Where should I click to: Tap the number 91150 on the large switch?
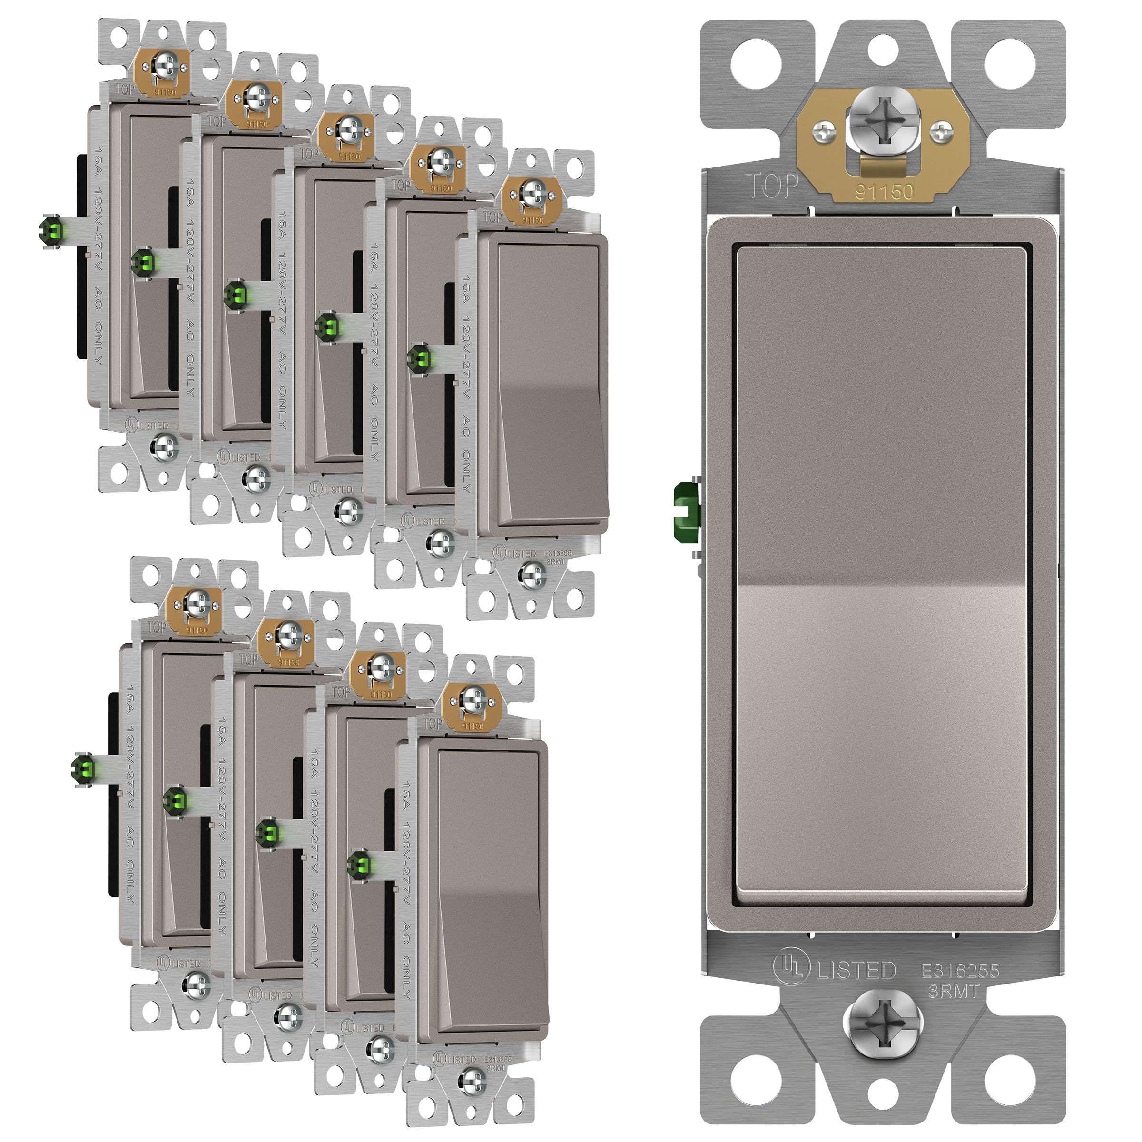884,191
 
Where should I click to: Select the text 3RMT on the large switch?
954,991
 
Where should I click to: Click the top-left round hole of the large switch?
756,64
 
